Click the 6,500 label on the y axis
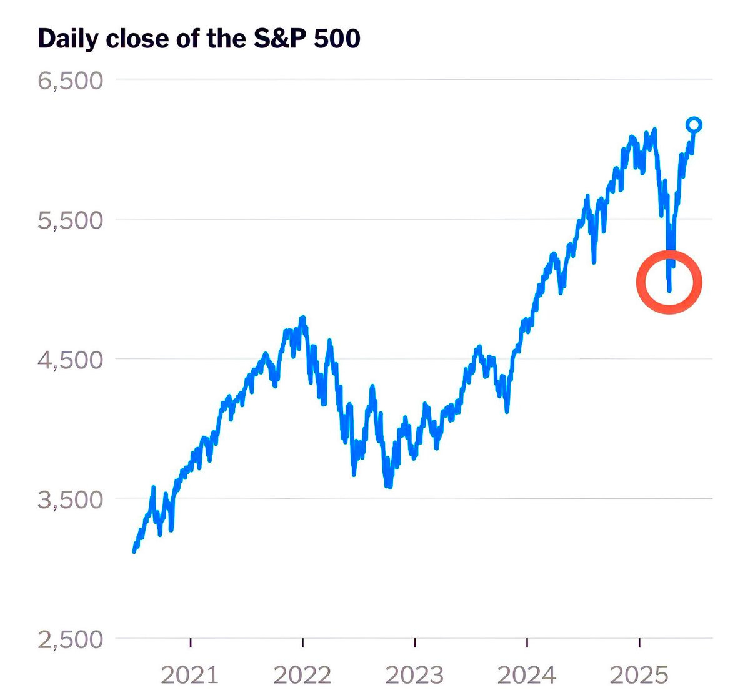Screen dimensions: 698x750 pos(70,81)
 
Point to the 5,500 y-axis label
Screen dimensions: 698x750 pos(70,220)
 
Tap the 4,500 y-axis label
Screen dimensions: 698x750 pos(70,360)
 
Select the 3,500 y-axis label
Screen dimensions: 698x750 pos(70,500)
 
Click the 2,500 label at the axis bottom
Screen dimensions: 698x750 pos(70,640)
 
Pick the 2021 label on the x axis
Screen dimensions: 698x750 pos(190,675)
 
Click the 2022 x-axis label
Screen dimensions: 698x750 pos(302,675)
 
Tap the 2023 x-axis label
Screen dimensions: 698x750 pos(415,675)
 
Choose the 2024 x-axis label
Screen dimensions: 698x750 pos(527,675)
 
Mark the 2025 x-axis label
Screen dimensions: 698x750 pos(639,675)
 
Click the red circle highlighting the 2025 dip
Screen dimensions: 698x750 pos(669,282)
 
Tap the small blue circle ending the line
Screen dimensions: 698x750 pos(694,125)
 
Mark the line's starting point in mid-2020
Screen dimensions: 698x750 pos(134,551)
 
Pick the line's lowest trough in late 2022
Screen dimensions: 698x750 pos(389,486)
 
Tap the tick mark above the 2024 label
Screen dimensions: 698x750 pos(527,642)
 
